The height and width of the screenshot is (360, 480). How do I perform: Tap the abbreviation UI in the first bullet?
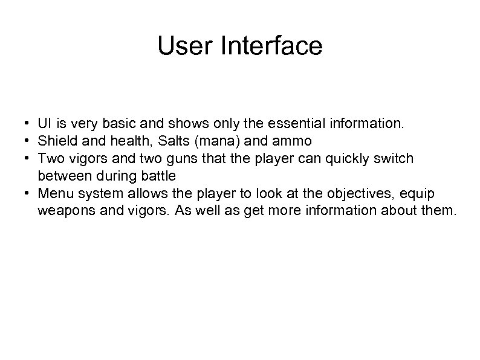pyautogui.click(x=44, y=124)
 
